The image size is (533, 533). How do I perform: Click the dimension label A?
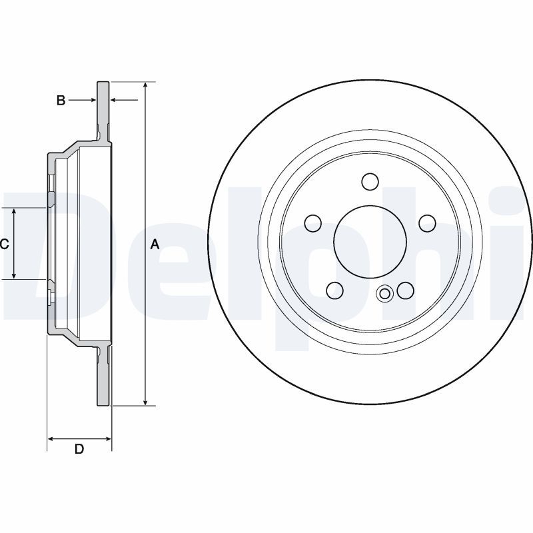[155, 244]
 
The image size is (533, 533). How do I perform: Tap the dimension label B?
[61, 101]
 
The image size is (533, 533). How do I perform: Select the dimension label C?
[4, 244]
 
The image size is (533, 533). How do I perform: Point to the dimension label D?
[79, 449]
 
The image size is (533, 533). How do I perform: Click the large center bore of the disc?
[370, 241]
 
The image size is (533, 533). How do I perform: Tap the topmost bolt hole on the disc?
[370, 182]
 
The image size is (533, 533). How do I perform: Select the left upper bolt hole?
[313, 223]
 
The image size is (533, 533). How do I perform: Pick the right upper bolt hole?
[427, 223]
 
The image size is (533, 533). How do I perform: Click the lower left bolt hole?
[334, 290]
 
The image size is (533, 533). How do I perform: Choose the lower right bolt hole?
[406, 290]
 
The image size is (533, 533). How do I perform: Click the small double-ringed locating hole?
[385, 293]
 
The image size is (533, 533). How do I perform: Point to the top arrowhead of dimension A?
[145, 85]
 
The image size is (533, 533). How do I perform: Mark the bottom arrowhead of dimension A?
[145, 402]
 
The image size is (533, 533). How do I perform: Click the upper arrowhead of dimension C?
[14, 211]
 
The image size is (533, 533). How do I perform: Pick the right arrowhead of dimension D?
[108, 439]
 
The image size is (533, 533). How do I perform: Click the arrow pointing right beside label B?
[82, 100]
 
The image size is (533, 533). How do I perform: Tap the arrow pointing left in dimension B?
[125, 100]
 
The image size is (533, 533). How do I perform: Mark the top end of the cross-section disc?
[103, 82]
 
